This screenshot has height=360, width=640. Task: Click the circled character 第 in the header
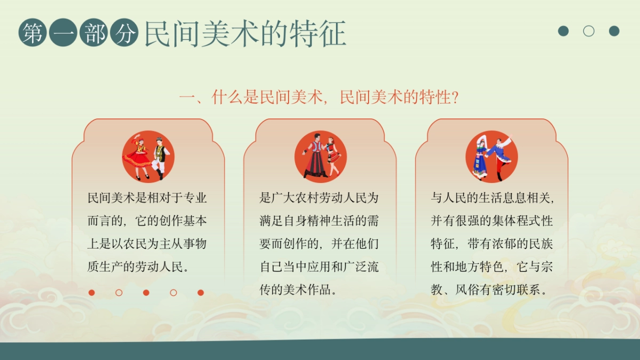point(33,33)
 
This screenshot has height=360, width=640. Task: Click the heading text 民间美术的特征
point(245,34)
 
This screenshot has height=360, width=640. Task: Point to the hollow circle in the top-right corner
point(589,31)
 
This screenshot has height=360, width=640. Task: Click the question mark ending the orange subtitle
point(455,98)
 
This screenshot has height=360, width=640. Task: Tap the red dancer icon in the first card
point(148,156)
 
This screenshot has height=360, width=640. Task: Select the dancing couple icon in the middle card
point(321,156)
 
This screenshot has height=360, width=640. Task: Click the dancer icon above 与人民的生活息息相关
point(492,156)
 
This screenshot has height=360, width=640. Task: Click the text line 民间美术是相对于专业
point(147,198)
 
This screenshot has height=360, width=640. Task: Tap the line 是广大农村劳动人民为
point(319,198)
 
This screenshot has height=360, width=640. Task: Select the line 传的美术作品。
point(298,290)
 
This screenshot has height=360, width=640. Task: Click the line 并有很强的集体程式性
point(492,221)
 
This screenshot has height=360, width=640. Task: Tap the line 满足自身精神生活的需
point(319,221)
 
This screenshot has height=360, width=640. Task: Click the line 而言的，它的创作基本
point(147,221)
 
